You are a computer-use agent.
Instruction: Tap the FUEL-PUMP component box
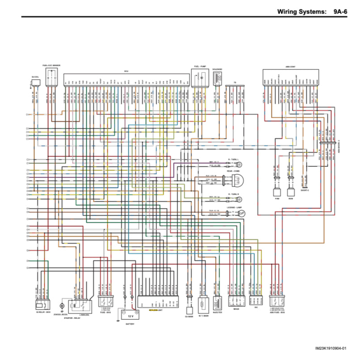pyautogui.click(x=200, y=77)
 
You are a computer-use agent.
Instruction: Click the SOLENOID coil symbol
pyautogui.click(x=218, y=78)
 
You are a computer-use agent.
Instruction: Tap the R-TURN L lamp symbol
pyautogui.click(x=237, y=164)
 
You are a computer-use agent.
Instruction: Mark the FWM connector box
pyautogui.click(x=276, y=193)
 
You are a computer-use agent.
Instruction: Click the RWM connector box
pyautogui.click(x=291, y=193)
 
